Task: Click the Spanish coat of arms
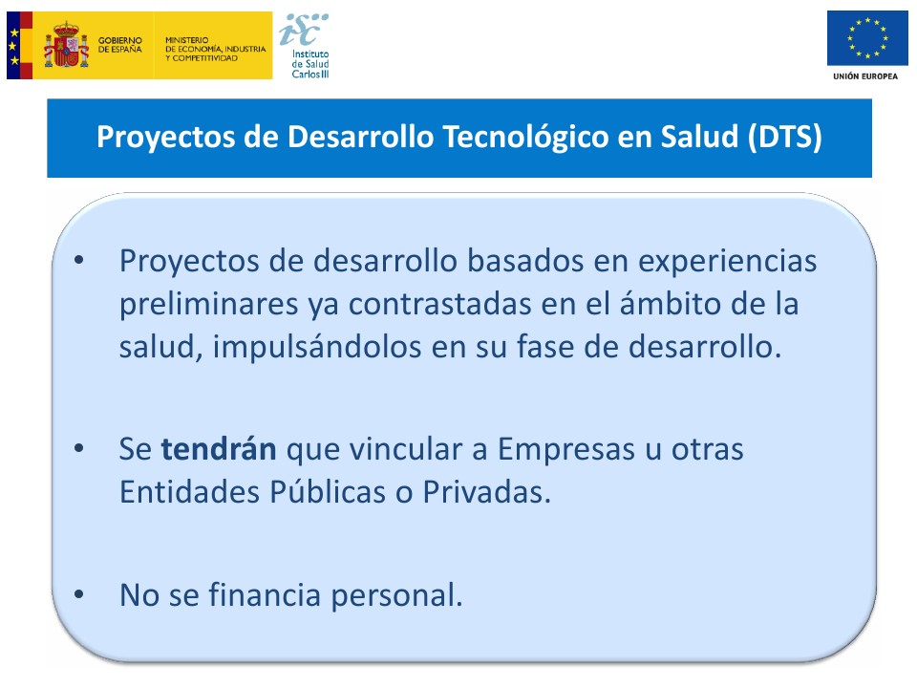coord(66,45)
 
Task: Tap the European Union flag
coord(867,38)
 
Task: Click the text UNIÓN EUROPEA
coord(865,76)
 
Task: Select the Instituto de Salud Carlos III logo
coord(305,46)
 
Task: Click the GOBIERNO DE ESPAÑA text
coord(120,45)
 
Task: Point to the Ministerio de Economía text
coord(215,49)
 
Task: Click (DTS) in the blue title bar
coord(785,137)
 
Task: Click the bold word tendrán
coord(219,449)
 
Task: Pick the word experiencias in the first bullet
coord(728,262)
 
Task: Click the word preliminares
coord(209,304)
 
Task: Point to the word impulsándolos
coord(317,347)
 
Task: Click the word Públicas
coord(328,491)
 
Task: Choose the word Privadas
coord(486,492)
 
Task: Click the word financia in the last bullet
coord(265,595)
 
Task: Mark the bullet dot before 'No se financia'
coord(79,594)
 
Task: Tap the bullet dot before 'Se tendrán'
coord(79,449)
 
